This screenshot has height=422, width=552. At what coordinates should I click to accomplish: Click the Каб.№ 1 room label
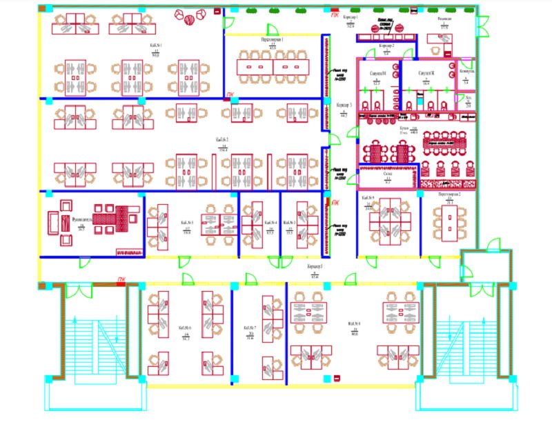pyautogui.click(x=155, y=46)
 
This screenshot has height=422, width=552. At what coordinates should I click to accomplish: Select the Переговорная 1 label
pyautogui.click(x=273, y=40)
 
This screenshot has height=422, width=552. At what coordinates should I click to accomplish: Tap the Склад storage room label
pyautogui.click(x=388, y=174)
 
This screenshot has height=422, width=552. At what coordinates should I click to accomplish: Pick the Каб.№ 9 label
pyautogui.click(x=368, y=198)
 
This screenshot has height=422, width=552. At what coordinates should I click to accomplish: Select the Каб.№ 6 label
pyautogui.click(x=185, y=328)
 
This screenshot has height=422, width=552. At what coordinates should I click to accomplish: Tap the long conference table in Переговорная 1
pyautogui.click(x=273, y=67)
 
